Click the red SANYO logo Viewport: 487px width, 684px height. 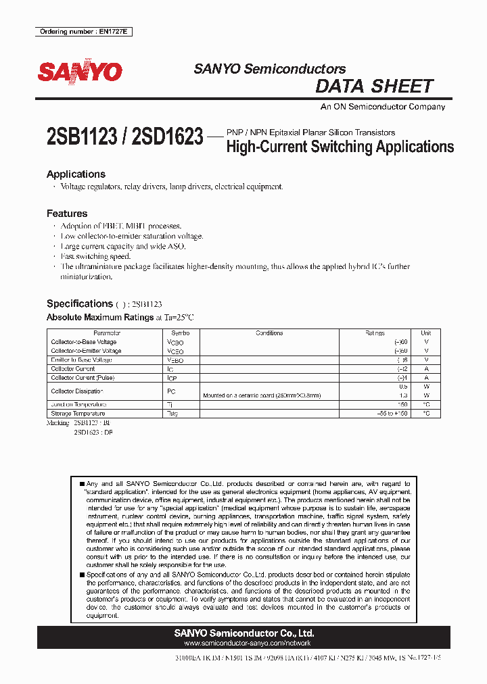(x=80, y=72)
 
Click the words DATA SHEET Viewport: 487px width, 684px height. (x=374, y=87)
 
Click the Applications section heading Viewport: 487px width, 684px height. (x=76, y=174)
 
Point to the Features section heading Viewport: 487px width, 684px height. (x=67, y=214)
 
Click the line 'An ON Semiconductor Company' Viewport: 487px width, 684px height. (x=382, y=107)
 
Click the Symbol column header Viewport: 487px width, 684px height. (x=180, y=333)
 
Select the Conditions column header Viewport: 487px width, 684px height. (x=269, y=333)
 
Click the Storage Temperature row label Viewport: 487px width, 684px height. (x=78, y=413)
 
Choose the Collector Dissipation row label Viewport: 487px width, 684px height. (x=77, y=391)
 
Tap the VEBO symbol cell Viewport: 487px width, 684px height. (x=175, y=360)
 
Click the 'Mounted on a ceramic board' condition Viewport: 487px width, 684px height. (x=262, y=395)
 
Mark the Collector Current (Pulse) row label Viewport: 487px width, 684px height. (x=83, y=378)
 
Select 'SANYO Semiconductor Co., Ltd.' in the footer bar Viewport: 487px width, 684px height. (x=243, y=633)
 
